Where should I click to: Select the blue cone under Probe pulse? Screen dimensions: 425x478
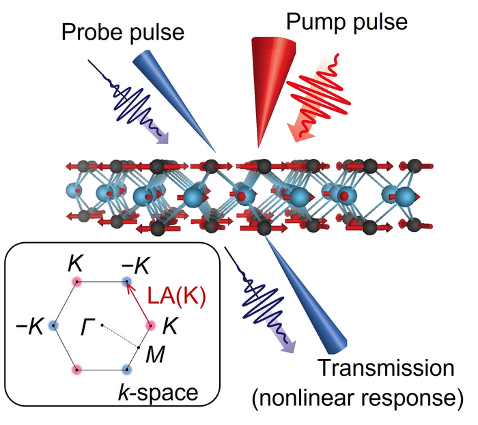click(x=171, y=96)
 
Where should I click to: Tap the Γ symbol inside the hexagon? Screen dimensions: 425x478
click(x=87, y=325)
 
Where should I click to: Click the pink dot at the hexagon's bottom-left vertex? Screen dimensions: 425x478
click(x=78, y=370)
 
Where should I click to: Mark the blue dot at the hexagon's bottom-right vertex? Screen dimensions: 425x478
click(x=126, y=370)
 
